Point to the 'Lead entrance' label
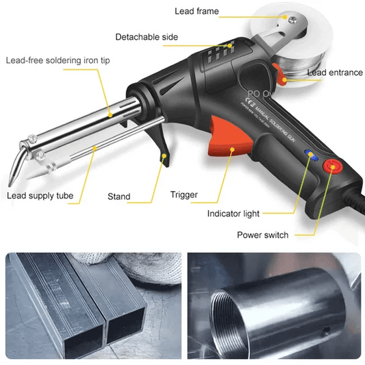335,73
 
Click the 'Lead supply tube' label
40,197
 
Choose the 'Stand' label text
119,197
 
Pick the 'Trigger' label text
184,195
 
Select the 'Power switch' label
262,235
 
